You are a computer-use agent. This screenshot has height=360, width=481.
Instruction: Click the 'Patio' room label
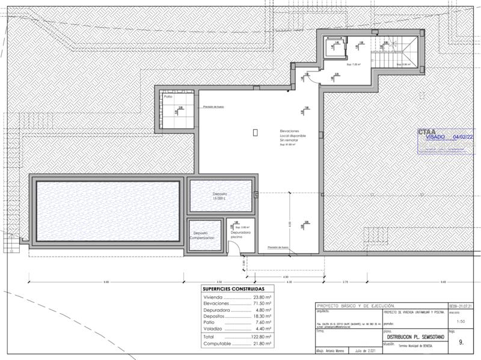(x=168, y=97)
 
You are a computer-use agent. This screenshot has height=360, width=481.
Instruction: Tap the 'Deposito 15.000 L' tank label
(x=219, y=197)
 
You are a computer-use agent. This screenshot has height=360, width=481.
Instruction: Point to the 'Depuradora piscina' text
(x=240, y=234)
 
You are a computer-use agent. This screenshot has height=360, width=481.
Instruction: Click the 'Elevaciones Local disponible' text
(x=293, y=136)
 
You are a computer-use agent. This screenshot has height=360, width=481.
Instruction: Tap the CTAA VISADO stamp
(x=446, y=137)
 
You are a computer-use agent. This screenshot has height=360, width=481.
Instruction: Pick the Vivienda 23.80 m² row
(x=238, y=297)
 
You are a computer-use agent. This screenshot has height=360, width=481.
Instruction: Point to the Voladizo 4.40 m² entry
(x=238, y=328)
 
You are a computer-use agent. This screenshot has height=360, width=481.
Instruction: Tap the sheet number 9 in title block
(x=461, y=343)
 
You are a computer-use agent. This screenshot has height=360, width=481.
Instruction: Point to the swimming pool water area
(x=108, y=210)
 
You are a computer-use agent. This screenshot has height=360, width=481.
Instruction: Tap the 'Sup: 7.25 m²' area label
(x=352, y=63)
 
